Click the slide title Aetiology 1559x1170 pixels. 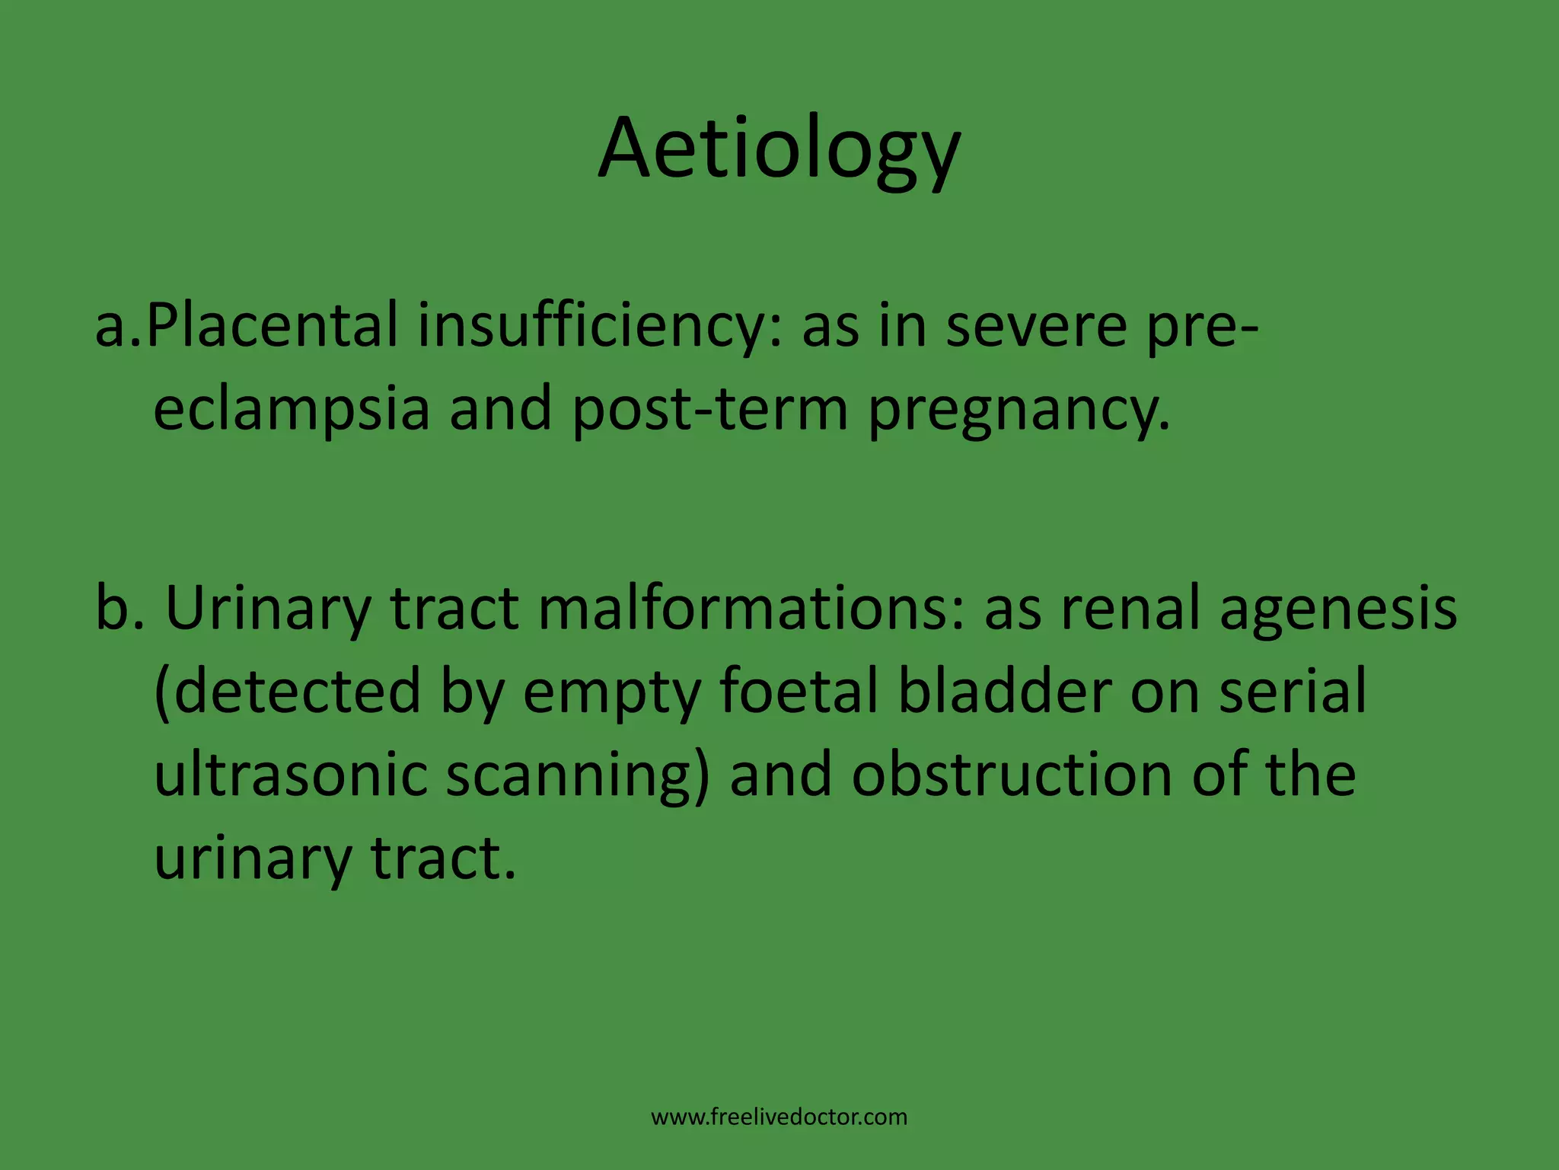(779, 149)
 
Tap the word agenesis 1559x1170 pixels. (1338, 608)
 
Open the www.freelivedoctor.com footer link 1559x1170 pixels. (779, 1117)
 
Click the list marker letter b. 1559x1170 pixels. (113, 608)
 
